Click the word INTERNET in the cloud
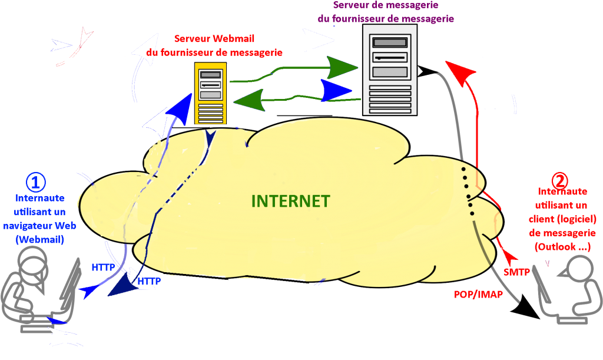[x=290, y=201]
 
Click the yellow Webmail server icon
[x=210, y=94]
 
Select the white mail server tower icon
[x=389, y=70]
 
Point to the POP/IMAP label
[x=478, y=294]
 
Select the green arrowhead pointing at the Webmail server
[x=248, y=100]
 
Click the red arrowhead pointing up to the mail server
[x=460, y=71]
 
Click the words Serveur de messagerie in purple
[x=385, y=5]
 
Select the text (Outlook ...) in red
[x=562, y=247]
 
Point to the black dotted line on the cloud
[x=469, y=191]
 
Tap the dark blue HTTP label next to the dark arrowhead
[x=149, y=282]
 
